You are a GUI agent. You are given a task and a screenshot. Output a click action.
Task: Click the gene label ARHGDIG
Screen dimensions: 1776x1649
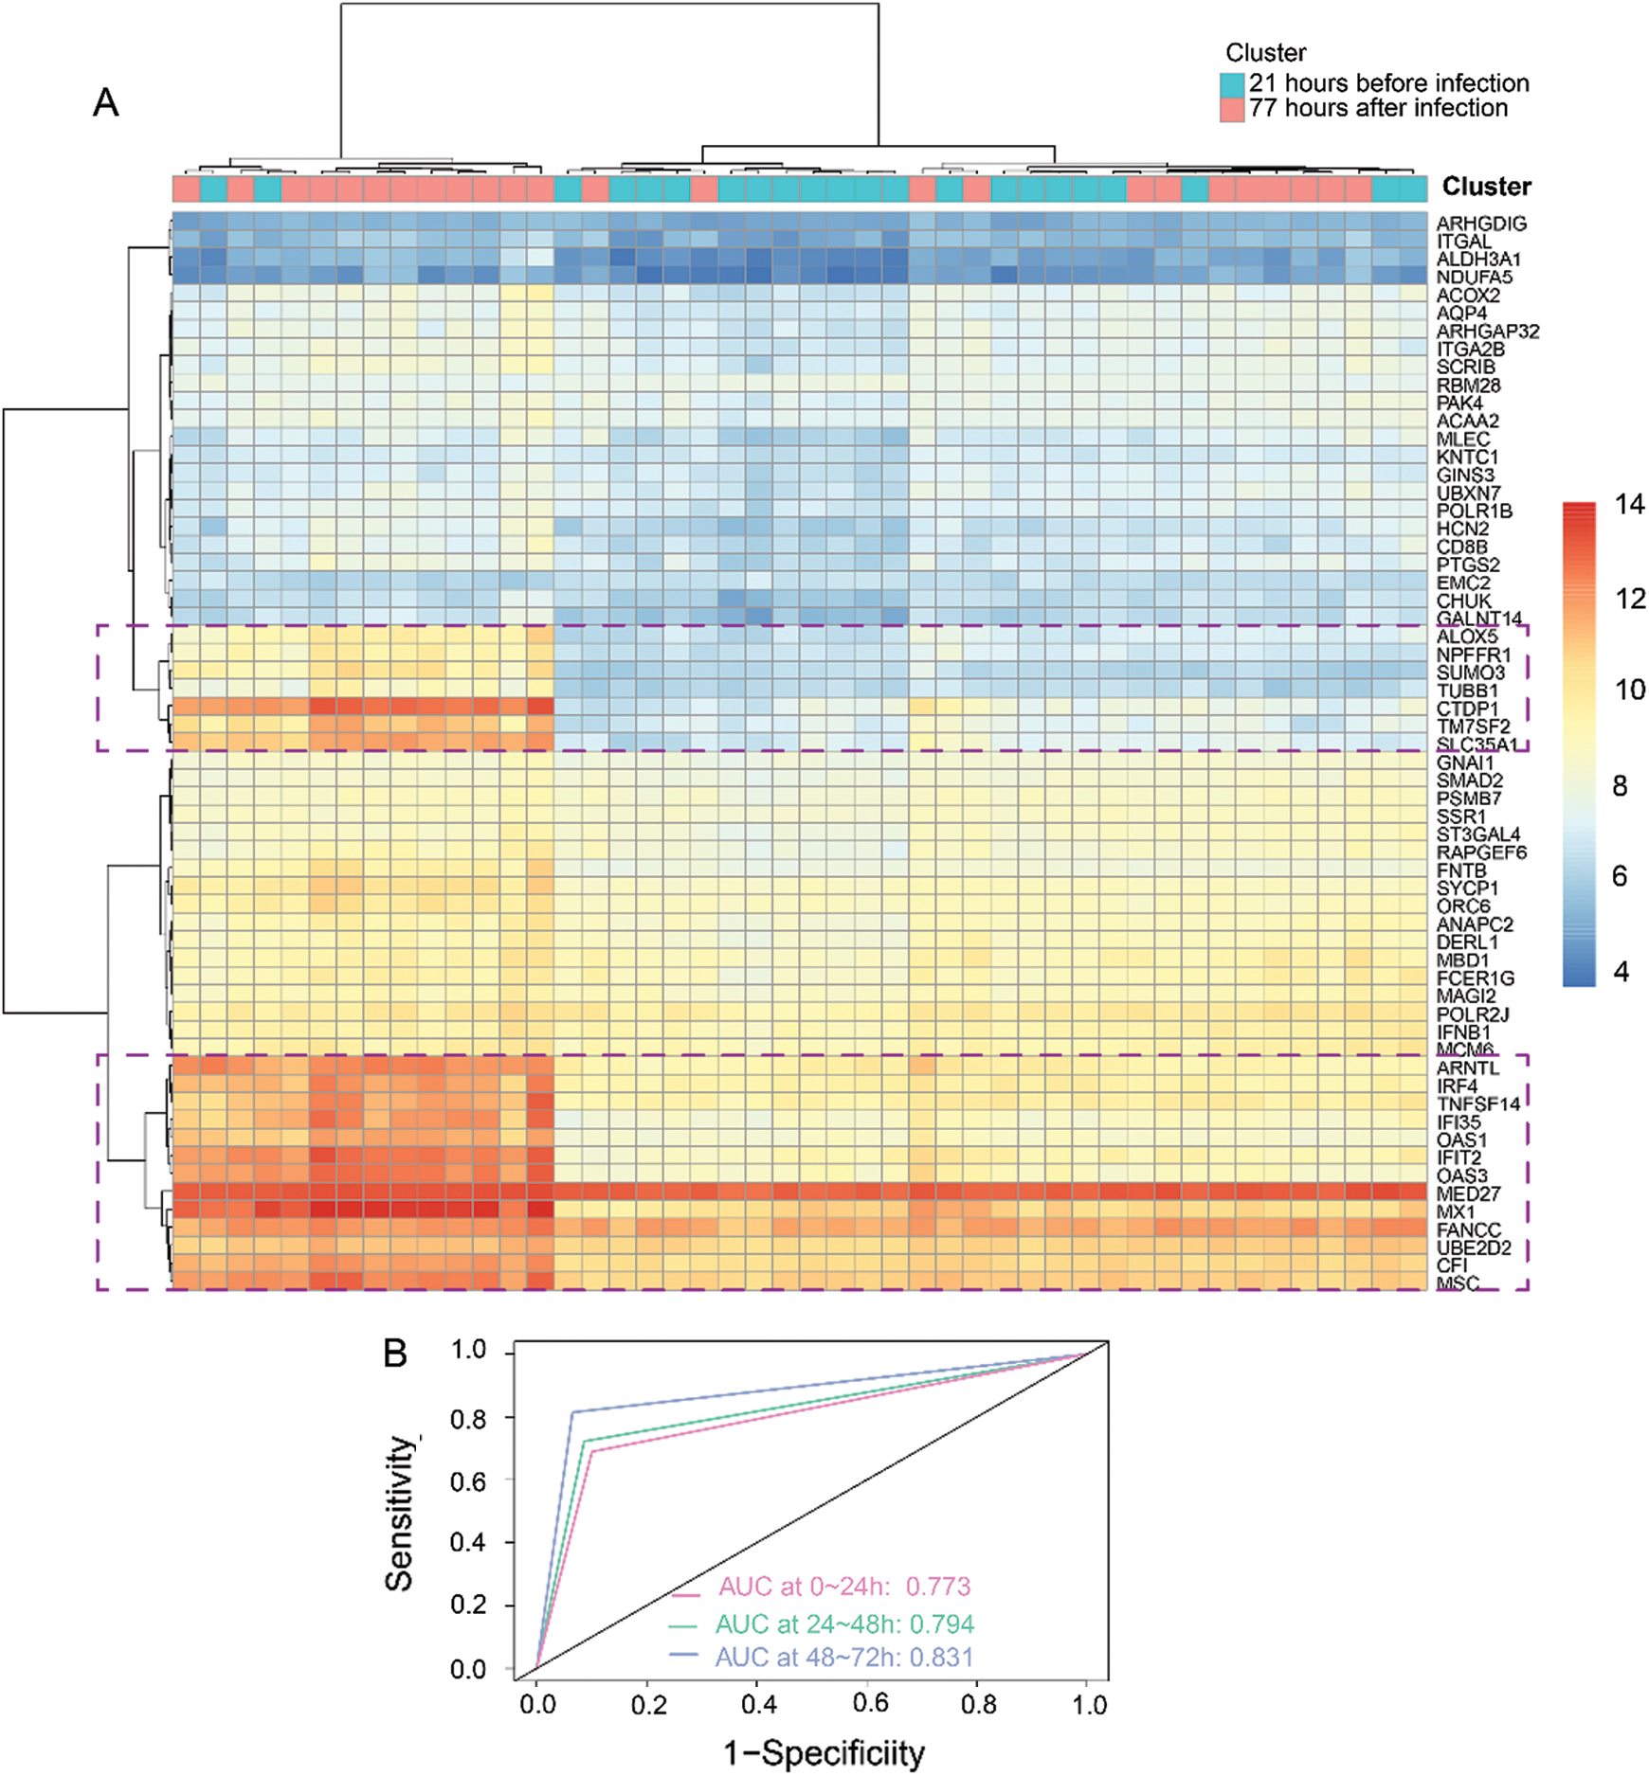1481,224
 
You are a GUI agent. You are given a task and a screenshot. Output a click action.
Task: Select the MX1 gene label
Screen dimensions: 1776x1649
1456,1211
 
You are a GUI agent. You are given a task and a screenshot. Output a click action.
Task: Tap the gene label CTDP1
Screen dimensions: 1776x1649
1467,709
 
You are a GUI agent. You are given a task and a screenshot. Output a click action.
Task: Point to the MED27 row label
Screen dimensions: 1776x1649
1468,1193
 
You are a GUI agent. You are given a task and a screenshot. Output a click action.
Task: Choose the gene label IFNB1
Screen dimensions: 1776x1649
1463,1032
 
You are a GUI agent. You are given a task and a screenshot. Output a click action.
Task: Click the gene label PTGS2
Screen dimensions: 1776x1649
1468,565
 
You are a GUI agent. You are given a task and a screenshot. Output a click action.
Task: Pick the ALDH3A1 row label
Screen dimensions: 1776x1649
1478,259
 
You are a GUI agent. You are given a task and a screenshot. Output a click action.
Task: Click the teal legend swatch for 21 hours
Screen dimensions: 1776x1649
1231,84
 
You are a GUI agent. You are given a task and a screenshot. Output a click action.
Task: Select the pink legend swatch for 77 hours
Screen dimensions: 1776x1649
1231,109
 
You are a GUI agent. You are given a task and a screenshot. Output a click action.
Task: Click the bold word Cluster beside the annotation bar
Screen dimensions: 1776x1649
1486,187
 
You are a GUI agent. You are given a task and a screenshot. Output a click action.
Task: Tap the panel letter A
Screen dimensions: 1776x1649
106,102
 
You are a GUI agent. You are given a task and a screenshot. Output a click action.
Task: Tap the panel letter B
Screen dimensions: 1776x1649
395,1354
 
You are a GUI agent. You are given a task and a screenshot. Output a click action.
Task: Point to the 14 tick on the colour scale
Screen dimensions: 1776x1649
1629,505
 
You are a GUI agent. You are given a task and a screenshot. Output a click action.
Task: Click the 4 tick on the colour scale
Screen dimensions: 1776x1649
1622,972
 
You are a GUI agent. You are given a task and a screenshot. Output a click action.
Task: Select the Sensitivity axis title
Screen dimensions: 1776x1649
400,1515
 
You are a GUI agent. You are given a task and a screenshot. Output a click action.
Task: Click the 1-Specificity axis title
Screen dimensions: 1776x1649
824,1752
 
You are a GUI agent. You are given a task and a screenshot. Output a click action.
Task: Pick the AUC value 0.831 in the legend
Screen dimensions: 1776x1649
941,1657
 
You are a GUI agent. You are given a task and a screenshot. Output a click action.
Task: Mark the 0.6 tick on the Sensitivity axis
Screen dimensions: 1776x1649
467,1480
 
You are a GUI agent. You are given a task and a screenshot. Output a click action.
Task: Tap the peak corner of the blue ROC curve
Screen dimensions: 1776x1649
572,1412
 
